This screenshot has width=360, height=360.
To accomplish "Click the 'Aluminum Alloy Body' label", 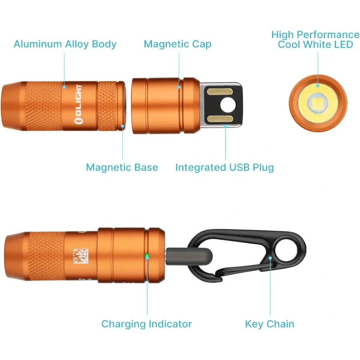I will point(65,44).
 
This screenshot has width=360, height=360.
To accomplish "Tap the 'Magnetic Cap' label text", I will point(177,44).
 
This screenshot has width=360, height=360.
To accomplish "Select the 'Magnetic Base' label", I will point(122,167).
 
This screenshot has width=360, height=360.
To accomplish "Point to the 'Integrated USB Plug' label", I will point(224,167).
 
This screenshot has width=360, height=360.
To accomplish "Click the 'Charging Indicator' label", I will point(146,324).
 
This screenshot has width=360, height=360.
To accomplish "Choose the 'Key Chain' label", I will point(270,324).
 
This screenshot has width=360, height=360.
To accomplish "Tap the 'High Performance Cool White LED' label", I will point(315,40).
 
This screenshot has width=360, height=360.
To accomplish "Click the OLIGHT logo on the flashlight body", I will point(78,105).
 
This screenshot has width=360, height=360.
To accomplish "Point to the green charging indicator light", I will point(147,256).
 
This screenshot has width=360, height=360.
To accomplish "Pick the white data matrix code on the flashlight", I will point(80,256).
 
